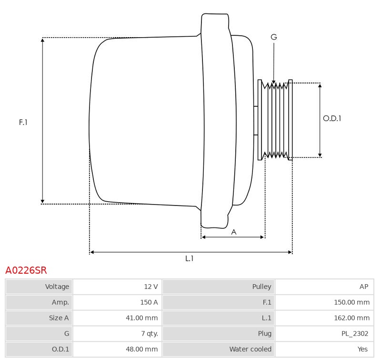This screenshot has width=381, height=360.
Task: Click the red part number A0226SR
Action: (26, 270)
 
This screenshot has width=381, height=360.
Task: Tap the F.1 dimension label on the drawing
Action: (23, 122)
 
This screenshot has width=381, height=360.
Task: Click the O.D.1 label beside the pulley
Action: (332, 118)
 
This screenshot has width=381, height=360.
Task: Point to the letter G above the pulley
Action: (274, 37)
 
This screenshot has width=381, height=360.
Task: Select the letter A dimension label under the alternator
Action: (234, 232)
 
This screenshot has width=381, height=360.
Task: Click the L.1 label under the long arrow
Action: (189, 258)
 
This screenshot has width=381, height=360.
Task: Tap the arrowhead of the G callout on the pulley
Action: (274, 82)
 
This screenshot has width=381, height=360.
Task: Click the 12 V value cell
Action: (151, 287)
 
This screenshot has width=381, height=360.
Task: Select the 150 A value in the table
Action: (149, 302)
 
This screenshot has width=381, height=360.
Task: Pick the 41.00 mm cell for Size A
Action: (141, 318)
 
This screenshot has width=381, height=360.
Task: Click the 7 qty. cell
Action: (150, 333)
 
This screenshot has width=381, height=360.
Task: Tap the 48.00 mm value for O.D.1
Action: (141, 349)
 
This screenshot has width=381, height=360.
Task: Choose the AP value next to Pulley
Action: (364, 287)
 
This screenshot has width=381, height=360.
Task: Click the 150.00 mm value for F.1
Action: (351, 302)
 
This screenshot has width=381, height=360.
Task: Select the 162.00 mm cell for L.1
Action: (351, 318)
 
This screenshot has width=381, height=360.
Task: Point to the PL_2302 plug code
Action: (355, 333)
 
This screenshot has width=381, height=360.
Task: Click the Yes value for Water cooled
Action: (362, 349)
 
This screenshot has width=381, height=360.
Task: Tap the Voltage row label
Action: (57, 287)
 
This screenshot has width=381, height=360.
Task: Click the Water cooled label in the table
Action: (251, 349)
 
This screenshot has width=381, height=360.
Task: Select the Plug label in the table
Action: (265, 333)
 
